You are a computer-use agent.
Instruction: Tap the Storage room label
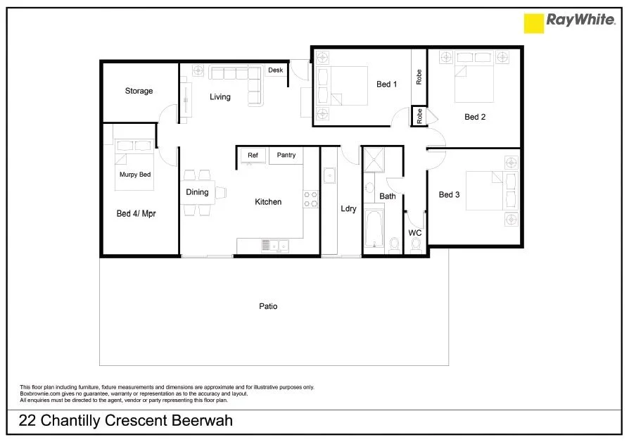[139, 91]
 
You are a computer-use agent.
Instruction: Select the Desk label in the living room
[275, 70]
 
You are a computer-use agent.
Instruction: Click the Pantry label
[286, 155]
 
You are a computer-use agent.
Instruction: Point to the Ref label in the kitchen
[253, 155]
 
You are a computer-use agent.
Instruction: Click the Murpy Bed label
[134, 175]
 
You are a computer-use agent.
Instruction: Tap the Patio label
[267, 306]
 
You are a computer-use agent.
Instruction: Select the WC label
[415, 232]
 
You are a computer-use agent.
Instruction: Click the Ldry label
[348, 209]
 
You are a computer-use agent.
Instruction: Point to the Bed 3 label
[449, 195]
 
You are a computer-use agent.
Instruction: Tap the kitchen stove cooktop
[310, 199]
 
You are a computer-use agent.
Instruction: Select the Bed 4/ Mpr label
[136, 213]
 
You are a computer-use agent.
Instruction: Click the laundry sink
[329, 175]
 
